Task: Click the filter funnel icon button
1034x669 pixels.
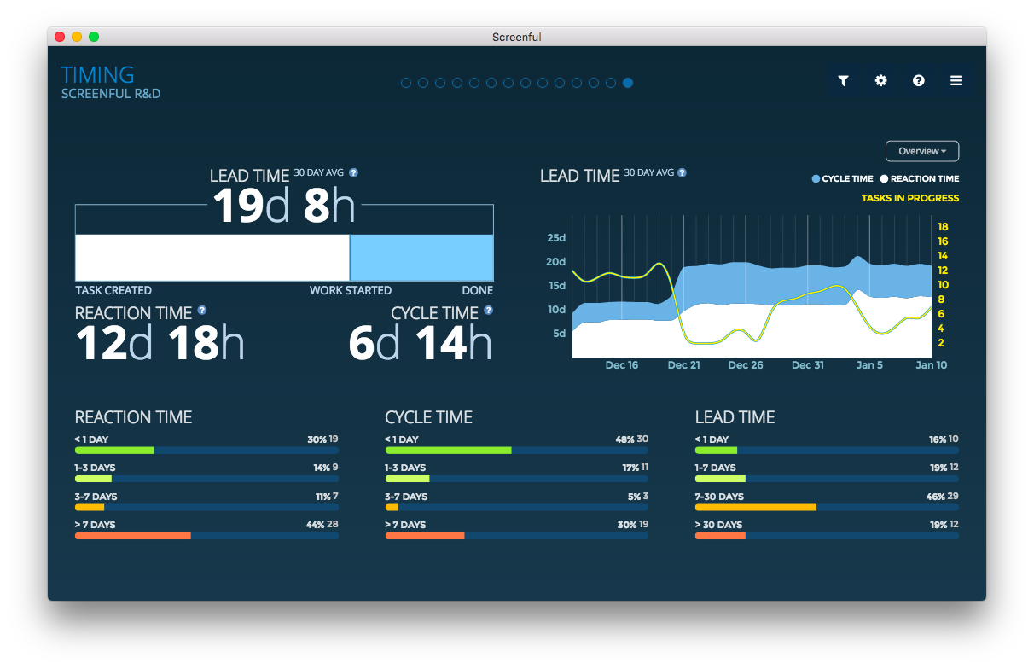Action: click(x=843, y=81)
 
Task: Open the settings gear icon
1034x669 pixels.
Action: click(x=880, y=81)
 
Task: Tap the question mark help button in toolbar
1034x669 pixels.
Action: click(x=918, y=81)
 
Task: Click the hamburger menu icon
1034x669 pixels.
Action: click(x=956, y=81)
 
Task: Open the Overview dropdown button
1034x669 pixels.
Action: click(x=921, y=151)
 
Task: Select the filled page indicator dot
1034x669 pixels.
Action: click(x=628, y=83)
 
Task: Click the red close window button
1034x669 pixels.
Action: click(x=60, y=37)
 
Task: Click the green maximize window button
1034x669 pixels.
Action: click(x=94, y=37)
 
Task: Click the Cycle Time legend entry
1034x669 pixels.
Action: click(x=842, y=179)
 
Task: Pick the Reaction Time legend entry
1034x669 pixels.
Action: click(x=920, y=179)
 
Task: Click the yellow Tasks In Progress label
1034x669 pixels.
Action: click(x=909, y=198)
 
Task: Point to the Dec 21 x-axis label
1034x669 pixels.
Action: click(x=683, y=365)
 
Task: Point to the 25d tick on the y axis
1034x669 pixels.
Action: click(x=556, y=237)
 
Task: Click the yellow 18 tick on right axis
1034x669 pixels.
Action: click(x=943, y=227)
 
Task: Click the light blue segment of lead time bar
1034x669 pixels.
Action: click(x=421, y=258)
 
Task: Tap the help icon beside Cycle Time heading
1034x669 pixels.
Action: click(x=488, y=311)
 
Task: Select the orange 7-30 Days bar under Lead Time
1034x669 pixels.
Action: click(x=756, y=507)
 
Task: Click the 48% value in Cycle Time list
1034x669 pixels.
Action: click(x=624, y=439)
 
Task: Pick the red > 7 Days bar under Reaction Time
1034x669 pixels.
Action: click(x=132, y=536)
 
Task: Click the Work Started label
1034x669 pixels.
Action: click(x=351, y=291)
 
